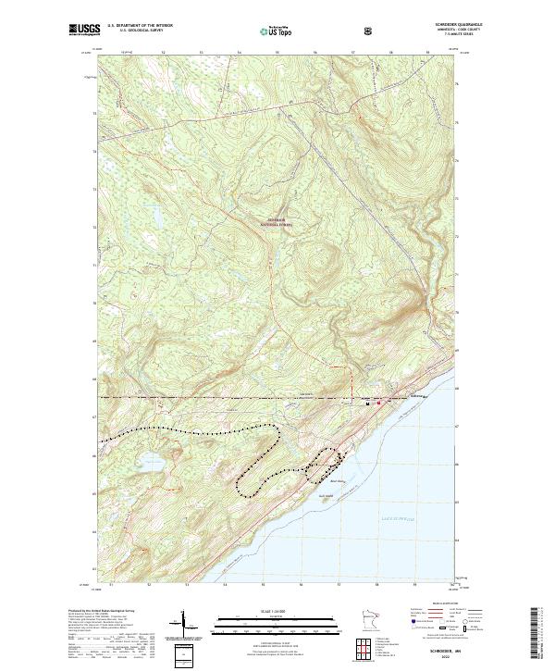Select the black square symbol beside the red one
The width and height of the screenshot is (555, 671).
click(x=368, y=404)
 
